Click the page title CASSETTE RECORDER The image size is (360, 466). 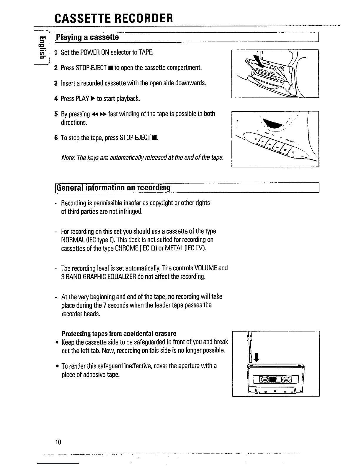click(114, 18)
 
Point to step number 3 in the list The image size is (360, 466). click(56, 83)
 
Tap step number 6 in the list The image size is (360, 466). click(56, 138)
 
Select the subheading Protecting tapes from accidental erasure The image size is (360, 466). click(119, 333)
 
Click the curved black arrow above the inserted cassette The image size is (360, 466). click(259, 62)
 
